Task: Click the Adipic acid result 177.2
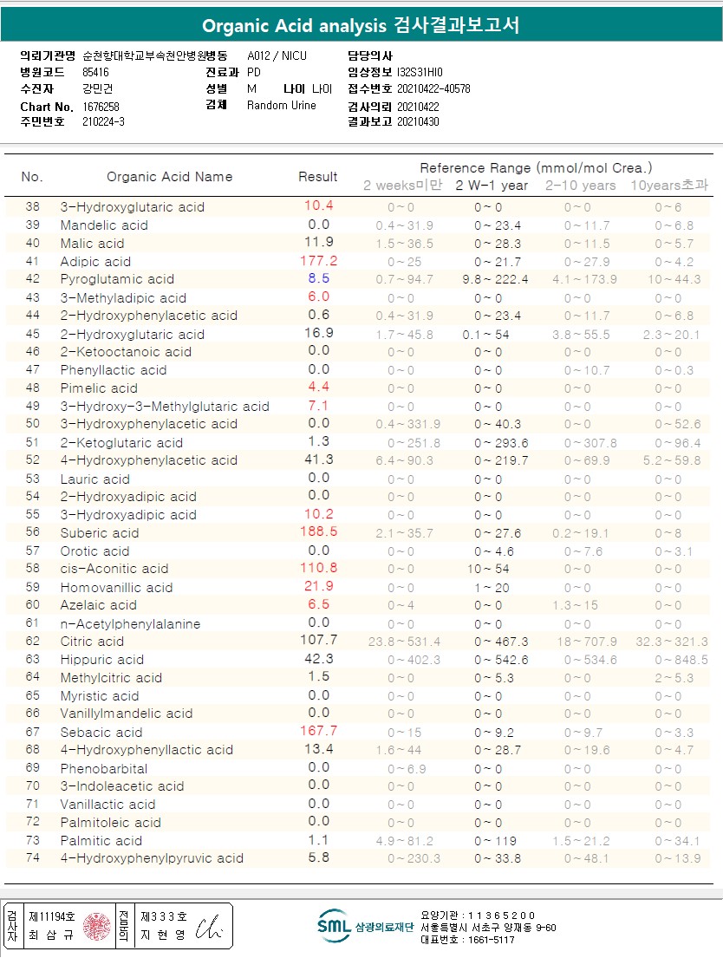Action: tap(318, 260)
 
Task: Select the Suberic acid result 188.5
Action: tap(318, 531)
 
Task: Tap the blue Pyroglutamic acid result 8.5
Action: tap(318, 278)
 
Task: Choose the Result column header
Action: tap(318, 176)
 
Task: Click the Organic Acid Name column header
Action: tap(170, 176)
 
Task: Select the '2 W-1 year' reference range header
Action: tap(492, 185)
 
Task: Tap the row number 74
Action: tap(33, 858)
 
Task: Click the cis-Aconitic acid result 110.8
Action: tap(318, 568)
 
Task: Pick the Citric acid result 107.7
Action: tap(318, 640)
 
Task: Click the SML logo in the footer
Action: tap(334, 926)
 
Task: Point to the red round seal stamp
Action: tap(97, 926)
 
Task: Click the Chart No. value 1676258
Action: tap(101, 106)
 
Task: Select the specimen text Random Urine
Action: tap(282, 105)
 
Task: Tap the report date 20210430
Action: tap(418, 121)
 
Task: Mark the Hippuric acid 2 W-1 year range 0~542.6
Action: tap(501, 660)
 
